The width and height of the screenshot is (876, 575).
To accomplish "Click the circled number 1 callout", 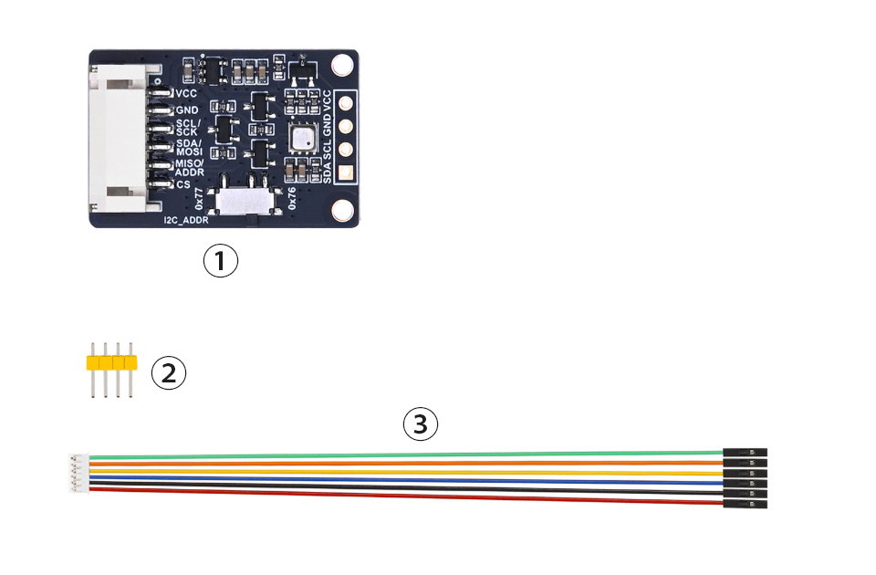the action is (x=220, y=260).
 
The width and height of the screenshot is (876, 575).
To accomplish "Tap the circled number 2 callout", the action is (x=169, y=372).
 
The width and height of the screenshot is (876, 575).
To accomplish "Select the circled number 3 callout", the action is (x=420, y=423).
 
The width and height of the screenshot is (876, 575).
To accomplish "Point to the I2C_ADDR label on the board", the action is (x=186, y=220).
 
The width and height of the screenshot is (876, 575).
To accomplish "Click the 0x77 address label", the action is (x=200, y=199).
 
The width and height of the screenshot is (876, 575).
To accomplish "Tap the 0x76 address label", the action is (x=292, y=198).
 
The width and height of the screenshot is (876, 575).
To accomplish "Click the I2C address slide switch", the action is (x=245, y=201).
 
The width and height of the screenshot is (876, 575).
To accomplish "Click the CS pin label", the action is (x=183, y=184).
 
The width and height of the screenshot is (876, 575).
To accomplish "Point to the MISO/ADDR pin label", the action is (x=190, y=168).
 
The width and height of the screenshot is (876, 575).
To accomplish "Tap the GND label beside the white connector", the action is (x=186, y=110).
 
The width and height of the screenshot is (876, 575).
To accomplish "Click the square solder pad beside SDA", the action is (x=346, y=173).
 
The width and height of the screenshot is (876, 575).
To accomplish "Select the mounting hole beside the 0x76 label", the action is (x=342, y=211).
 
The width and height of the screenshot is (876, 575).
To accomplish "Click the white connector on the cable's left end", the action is (x=78, y=474).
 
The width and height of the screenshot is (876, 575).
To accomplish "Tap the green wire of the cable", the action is (x=406, y=455).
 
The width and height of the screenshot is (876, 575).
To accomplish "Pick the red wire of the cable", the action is (x=406, y=497).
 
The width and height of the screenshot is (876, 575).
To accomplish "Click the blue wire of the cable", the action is (x=406, y=480).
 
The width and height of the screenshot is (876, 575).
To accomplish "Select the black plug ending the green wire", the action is (x=745, y=452).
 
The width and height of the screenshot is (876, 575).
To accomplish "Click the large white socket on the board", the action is (x=120, y=138).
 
